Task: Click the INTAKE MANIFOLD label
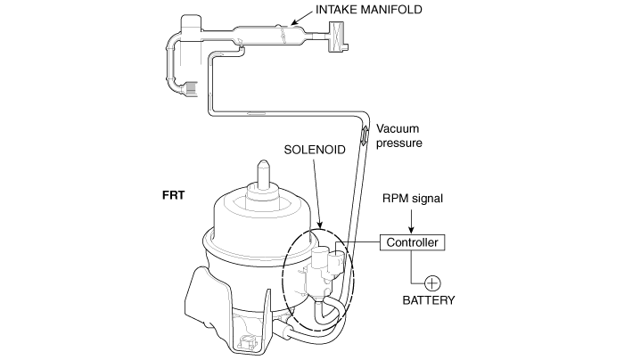click(368, 10)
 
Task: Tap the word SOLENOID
click(315, 150)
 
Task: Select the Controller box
click(412, 242)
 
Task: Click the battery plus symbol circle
click(432, 283)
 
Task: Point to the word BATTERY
click(429, 300)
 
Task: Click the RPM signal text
click(412, 198)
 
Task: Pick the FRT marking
click(174, 195)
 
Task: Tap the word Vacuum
click(398, 129)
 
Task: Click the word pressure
click(398, 143)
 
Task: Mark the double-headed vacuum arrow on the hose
click(364, 135)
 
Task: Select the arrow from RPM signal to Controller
click(412, 220)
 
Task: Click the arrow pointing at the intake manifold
click(301, 18)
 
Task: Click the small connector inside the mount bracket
click(247, 341)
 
